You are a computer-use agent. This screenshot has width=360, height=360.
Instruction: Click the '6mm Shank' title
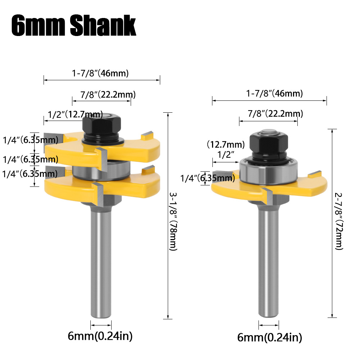pyautogui.click(x=74, y=25)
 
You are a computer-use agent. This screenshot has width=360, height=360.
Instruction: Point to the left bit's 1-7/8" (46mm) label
pyautogui.click(x=100, y=73)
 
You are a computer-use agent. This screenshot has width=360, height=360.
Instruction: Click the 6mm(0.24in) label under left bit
pyautogui.click(x=100, y=336)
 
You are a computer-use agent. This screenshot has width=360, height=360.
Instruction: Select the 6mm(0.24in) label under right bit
pyautogui.click(x=270, y=337)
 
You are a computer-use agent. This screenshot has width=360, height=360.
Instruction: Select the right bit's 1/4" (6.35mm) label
pyautogui.click(x=207, y=177)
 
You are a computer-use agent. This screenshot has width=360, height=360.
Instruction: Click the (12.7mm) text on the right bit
pyautogui.click(x=226, y=145)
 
